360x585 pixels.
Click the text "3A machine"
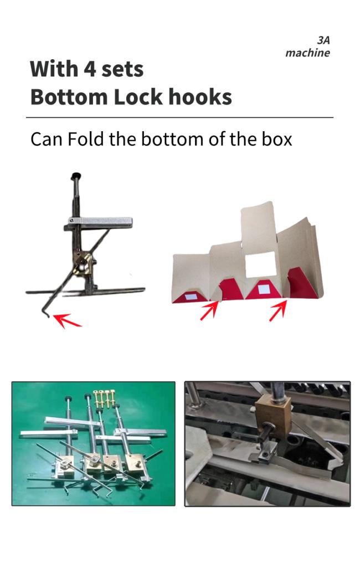[308, 46]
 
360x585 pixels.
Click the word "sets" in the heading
[122, 69]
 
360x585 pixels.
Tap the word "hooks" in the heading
[200, 97]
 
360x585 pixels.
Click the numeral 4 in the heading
[90, 69]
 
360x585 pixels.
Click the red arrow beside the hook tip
[67, 320]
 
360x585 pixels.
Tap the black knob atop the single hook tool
[77, 175]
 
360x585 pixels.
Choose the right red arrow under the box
[278, 310]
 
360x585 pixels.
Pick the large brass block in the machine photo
[273, 417]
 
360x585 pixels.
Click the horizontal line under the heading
[179, 117]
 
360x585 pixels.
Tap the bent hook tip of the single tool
[46, 313]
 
